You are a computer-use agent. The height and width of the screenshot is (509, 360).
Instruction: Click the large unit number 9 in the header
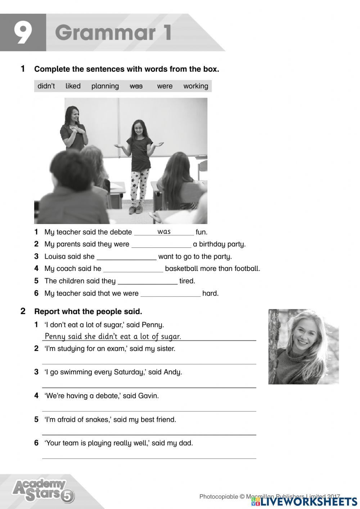pyautogui.click(x=23, y=33)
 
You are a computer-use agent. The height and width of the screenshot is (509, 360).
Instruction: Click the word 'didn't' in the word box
pyautogui.click(x=46, y=86)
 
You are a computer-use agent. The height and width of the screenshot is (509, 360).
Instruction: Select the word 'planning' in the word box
pyautogui.click(x=105, y=86)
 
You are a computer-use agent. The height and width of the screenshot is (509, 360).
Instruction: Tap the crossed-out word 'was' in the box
pyautogui.click(x=136, y=86)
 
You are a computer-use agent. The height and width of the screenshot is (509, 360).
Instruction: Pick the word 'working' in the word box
pyautogui.click(x=195, y=86)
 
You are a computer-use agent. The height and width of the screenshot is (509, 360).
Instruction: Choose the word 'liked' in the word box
pyautogui.click(x=73, y=86)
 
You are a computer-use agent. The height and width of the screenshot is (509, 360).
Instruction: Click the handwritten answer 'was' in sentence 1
pyautogui.click(x=164, y=232)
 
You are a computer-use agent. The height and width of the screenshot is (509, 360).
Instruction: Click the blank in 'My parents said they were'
pyautogui.click(x=161, y=245)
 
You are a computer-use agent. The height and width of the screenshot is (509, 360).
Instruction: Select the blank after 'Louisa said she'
pyautogui.click(x=127, y=257)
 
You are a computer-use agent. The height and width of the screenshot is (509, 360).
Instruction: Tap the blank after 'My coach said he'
pyautogui.click(x=133, y=269)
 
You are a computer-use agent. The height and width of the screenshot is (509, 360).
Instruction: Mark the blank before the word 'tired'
pyautogui.click(x=148, y=281)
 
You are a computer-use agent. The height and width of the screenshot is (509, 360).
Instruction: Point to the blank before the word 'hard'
pyautogui.click(x=170, y=294)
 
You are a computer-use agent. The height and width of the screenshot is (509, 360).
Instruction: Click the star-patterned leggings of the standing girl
pyautogui.click(x=140, y=187)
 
